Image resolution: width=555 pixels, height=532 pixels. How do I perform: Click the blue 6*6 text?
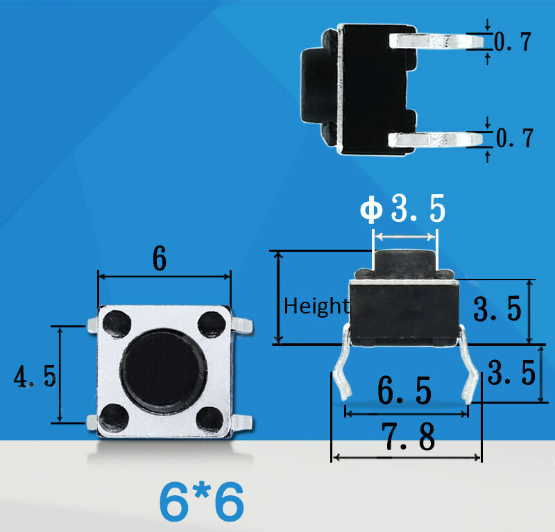click(202, 502)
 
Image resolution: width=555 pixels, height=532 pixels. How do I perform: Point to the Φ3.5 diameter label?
click(402, 210)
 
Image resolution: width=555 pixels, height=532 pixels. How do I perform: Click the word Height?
click(316, 305)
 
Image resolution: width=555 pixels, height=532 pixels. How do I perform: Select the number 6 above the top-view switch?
click(160, 259)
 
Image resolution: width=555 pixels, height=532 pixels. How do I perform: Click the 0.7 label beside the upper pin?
click(513, 42)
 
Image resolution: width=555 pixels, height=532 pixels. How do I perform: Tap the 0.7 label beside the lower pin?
click(514, 138)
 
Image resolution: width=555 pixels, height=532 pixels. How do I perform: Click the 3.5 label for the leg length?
click(511, 374)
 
